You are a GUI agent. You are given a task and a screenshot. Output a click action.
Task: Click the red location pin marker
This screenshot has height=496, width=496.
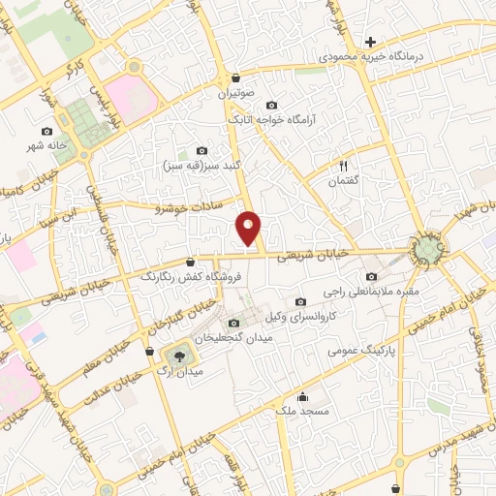coord(249,229)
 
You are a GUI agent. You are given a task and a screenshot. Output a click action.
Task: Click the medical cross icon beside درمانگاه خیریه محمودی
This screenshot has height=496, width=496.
coord(370,42)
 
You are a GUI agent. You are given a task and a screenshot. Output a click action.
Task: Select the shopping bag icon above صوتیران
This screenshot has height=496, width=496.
coord(236,77)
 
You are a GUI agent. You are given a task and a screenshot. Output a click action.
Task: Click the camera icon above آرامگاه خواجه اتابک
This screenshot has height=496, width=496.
coord(270,105)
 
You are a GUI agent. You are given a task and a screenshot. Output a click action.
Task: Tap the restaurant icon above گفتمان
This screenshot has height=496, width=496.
coord(342,166)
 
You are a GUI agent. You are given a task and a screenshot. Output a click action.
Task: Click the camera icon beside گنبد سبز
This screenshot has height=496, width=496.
coord(201,150)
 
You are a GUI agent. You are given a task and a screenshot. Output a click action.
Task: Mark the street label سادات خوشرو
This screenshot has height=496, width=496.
coord(189,206)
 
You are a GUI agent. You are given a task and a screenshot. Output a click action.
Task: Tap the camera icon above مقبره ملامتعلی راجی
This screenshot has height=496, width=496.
coord(372,275)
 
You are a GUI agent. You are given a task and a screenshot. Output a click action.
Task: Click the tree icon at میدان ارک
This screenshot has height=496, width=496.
coord(177,354)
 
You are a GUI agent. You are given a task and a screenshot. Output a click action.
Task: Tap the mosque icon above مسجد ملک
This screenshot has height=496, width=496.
coord(302,395)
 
